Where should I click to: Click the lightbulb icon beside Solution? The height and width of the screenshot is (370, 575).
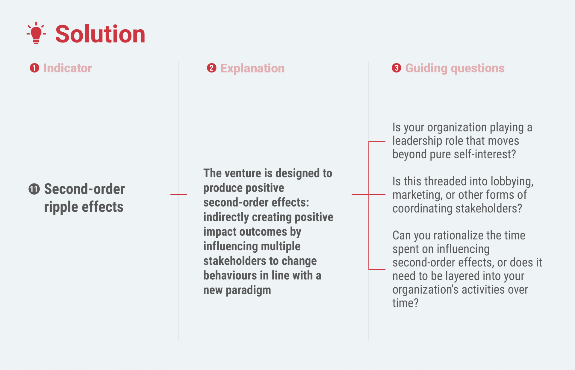click(x=36, y=33)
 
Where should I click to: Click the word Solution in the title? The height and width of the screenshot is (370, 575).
click(x=100, y=34)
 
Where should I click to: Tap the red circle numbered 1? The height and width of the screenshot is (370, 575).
click(x=34, y=68)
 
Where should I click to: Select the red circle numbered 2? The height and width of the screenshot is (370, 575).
click(x=211, y=68)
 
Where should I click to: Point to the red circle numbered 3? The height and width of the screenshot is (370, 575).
click(x=397, y=68)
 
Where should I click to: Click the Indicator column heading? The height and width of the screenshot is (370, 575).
click(x=68, y=68)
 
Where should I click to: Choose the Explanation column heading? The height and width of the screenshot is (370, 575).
click(x=252, y=69)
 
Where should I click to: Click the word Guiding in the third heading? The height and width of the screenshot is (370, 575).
click(x=426, y=69)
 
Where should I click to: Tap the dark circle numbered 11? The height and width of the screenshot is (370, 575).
click(x=34, y=189)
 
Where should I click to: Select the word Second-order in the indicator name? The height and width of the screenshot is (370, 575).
click(x=84, y=189)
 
